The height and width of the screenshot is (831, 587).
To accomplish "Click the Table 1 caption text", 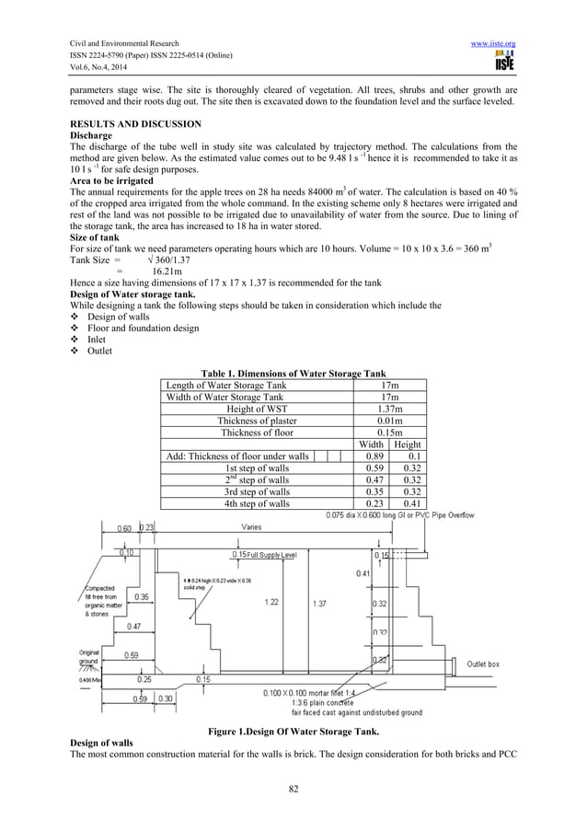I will (x=293, y=373).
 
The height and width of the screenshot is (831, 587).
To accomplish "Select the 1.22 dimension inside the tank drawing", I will (x=271, y=602).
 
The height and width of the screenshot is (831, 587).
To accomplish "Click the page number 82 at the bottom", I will (x=293, y=788).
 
